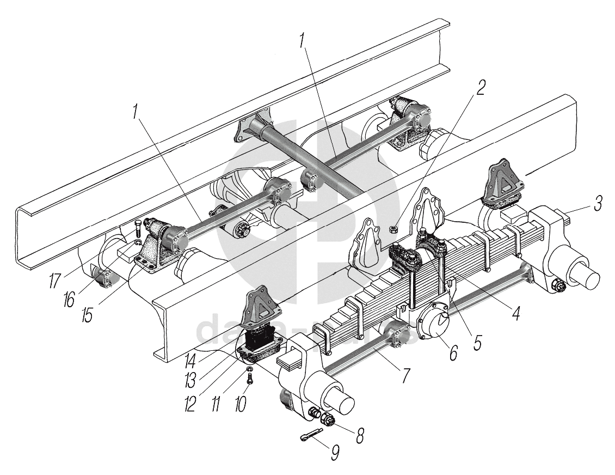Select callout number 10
tap(240, 403)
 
